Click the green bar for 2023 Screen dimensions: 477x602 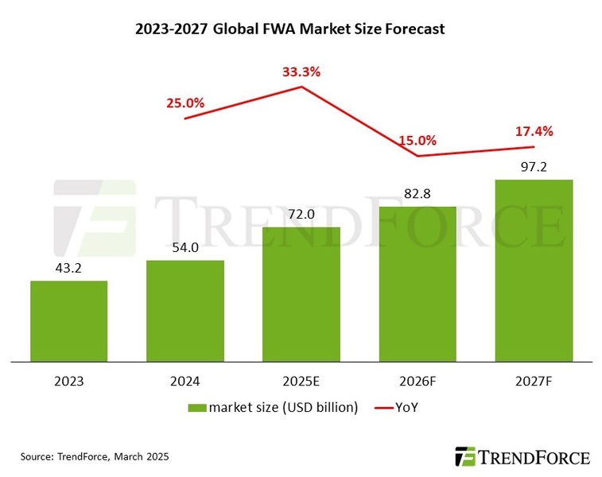pyautogui.click(x=68, y=321)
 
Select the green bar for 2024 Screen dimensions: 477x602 pyautogui.click(x=185, y=311)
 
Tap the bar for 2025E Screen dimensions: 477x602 pyautogui.click(x=301, y=294)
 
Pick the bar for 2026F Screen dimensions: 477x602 pyautogui.click(x=418, y=284)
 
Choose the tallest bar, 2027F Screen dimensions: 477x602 pyautogui.click(x=534, y=270)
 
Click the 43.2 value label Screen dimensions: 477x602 pyautogui.click(x=68, y=268)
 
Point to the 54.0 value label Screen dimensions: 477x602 pyautogui.click(x=185, y=248)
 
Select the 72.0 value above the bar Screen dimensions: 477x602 pyautogui.click(x=301, y=215)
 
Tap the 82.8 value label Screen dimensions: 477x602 pyautogui.click(x=418, y=193)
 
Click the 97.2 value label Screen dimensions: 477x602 pyautogui.click(x=534, y=167)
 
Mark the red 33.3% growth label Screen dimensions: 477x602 pyautogui.click(x=301, y=72)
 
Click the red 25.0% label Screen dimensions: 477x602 pyautogui.click(x=185, y=103)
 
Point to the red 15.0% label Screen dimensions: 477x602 pyautogui.click(x=418, y=141)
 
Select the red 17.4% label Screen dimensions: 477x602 pyautogui.click(x=534, y=130)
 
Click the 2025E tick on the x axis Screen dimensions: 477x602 pyautogui.click(x=301, y=381)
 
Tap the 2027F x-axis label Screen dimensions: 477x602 pyautogui.click(x=534, y=381)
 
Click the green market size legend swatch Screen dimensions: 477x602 pyautogui.click(x=197, y=408)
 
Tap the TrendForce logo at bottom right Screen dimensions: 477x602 pyautogui.click(x=522, y=457)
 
